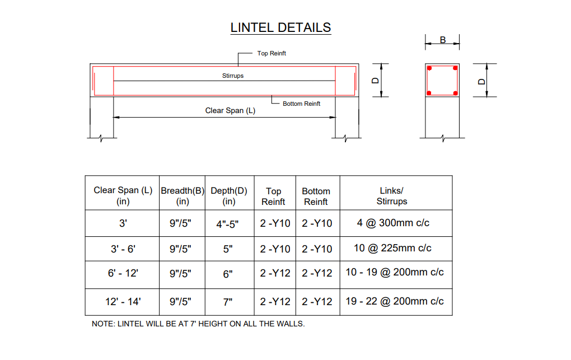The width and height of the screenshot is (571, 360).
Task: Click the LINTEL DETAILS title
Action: click(281, 27)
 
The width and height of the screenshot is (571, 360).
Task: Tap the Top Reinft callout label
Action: click(272, 53)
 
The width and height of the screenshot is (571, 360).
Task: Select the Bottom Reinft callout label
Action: click(302, 104)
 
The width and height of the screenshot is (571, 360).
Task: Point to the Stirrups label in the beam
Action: click(233, 76)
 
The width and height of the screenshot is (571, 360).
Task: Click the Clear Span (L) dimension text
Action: click(230, 110)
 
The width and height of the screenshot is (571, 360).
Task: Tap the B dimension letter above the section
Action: click(443, 40)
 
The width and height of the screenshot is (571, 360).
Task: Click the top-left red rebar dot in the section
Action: click(429, 68)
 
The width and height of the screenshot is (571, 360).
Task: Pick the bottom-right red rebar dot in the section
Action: click(456, 93)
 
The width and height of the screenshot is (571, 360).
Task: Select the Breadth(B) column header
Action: click(182, 196)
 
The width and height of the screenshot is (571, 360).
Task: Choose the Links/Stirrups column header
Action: click(392, 196)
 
